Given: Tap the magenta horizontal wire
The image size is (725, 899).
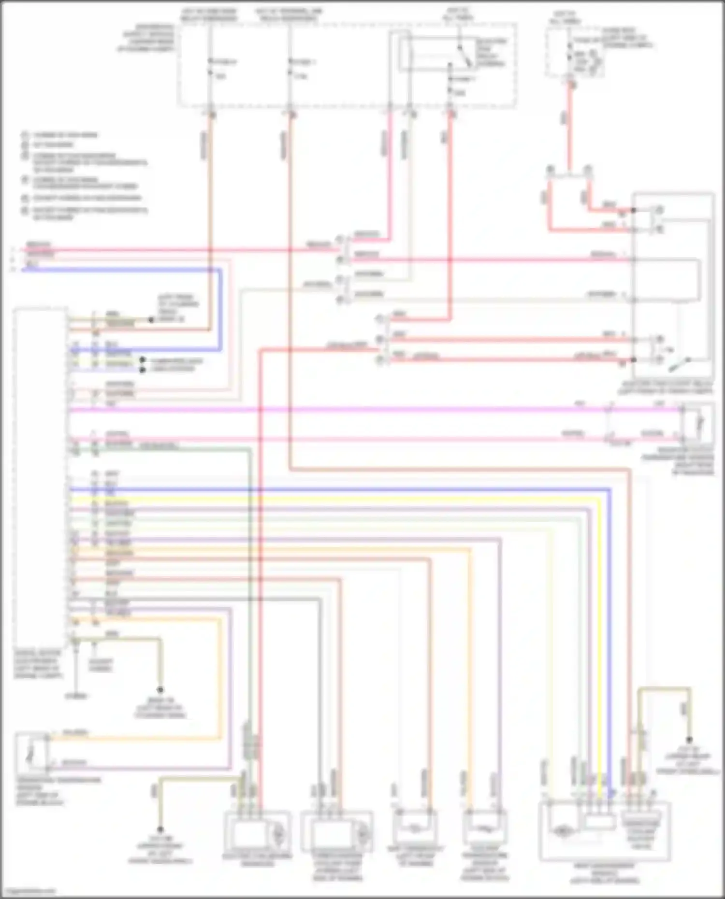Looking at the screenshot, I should pos(338,410).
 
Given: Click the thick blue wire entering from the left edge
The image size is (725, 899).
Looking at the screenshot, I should pos(121,270).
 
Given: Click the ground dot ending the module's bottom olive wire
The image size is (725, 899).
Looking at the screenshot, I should pos(160,690).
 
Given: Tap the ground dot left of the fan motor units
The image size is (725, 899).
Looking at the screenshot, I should pos(160,829).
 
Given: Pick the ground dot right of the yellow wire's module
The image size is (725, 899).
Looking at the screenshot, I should pos(689,740).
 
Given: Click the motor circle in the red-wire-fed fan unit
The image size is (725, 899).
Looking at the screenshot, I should pos(279,835).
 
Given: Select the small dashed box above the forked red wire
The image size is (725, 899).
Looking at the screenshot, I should pos(575,52).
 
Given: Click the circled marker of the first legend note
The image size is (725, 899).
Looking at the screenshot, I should pos(25,135).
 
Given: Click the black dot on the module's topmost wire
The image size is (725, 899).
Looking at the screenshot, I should pos(151,320).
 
